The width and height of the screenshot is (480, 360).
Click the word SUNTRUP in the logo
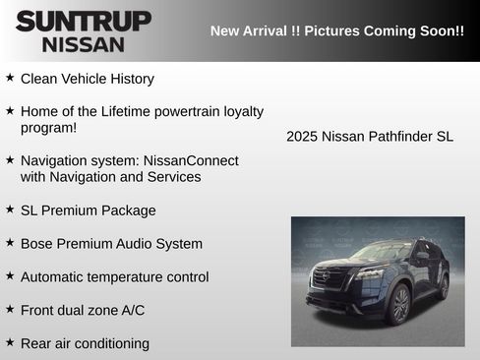coord(84,21)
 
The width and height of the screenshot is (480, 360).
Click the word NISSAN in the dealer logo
coord(84,44)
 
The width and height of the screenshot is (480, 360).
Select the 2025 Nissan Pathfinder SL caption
coord(370,137)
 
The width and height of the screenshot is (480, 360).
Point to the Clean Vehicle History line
coord(87,78)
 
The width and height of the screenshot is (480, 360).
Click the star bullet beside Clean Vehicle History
coord(9,77)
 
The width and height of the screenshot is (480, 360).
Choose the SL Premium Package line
coord(88,210)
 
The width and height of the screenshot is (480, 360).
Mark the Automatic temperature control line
coord(114,277)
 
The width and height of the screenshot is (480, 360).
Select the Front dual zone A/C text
coord(82,310)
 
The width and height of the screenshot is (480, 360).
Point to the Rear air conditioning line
coord(85,343)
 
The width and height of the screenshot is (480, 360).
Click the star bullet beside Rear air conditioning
coord(9,342)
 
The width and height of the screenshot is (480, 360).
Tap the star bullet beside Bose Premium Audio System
coord(9,242)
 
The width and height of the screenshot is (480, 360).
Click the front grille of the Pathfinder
coord(330,276)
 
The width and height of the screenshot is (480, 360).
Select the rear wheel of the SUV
coord(444,286)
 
